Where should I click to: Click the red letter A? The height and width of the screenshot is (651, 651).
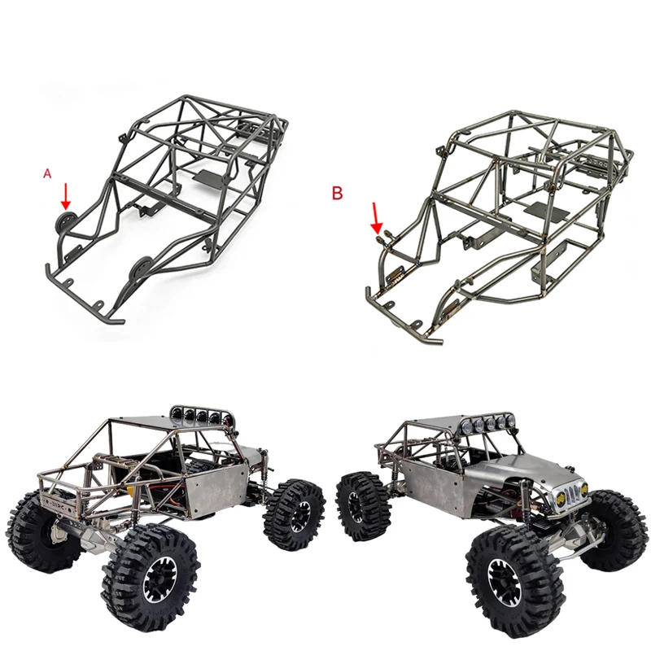47,173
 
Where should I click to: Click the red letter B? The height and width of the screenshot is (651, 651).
337,193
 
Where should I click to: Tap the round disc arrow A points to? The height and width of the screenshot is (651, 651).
66,221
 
